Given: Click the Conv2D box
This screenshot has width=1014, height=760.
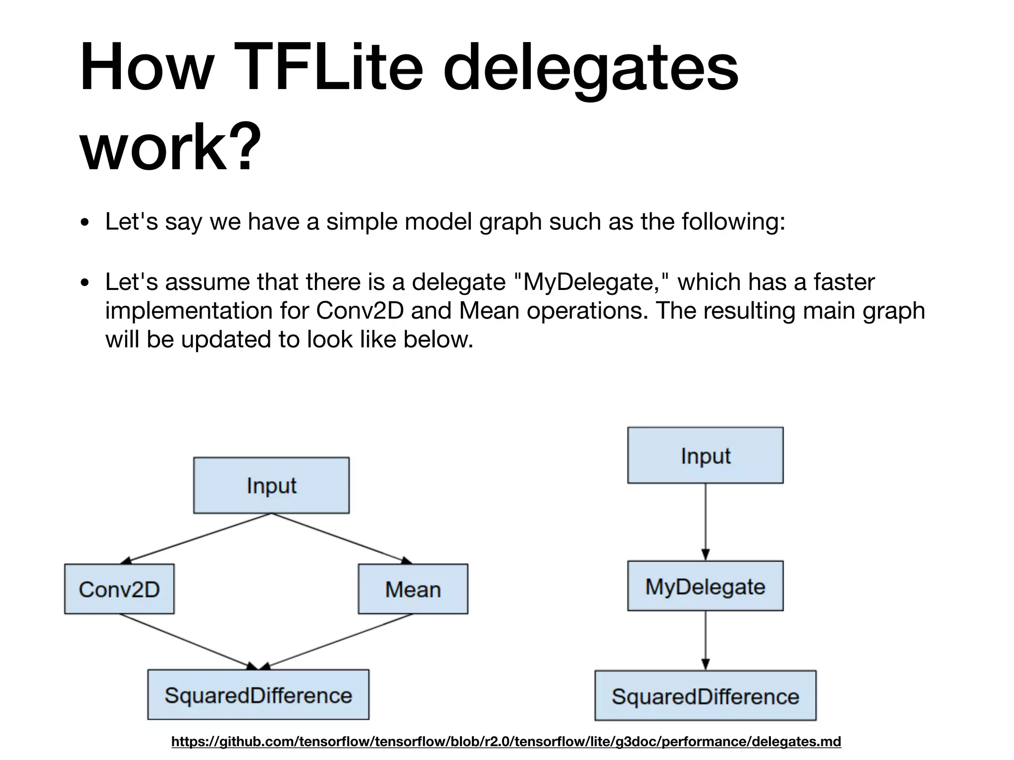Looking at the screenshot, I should [119, 589].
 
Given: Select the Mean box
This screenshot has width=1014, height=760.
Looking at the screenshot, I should [413, 589].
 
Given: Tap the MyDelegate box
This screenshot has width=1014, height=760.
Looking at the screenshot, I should [705, 586].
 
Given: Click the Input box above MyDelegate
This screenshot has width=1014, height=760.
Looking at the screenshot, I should [705, 455].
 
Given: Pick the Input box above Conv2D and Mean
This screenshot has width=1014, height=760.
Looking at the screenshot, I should [271, 485].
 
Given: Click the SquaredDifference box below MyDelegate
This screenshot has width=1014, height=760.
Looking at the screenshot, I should [705, 696].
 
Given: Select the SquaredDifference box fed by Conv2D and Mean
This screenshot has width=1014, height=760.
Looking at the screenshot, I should [258, 695].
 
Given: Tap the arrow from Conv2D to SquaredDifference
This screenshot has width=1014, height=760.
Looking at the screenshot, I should [188, 642].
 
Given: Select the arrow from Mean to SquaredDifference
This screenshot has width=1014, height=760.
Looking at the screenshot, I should [337, 642].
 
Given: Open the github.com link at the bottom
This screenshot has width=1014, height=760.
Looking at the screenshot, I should [506, 742].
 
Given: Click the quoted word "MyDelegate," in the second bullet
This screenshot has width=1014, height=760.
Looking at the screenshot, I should [591, 282].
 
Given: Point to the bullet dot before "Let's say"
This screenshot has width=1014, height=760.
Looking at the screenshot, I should [85, 223].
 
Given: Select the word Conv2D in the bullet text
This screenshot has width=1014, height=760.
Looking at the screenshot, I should [360, 311].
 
